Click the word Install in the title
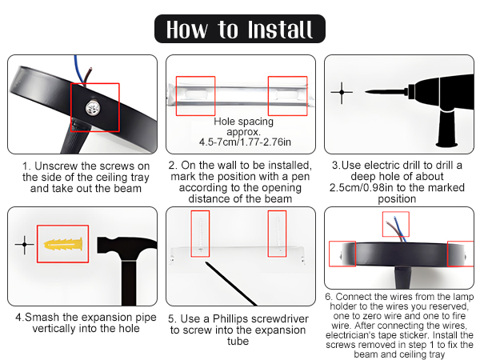click(x=280, y=30)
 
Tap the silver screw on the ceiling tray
click(x=93, y=107)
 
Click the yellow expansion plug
click(x=63, y=244)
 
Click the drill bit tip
click(x=366, y=91)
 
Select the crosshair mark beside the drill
click(x=342, y=92)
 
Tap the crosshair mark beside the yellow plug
click(x=25, y=244)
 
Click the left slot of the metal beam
click(x=196, y=94)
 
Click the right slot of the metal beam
click(x=287, y=94)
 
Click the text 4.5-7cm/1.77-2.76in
click(x=245, y=142)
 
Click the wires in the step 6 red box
click(x=397, y=229)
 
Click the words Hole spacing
click(x=244, y=122)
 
